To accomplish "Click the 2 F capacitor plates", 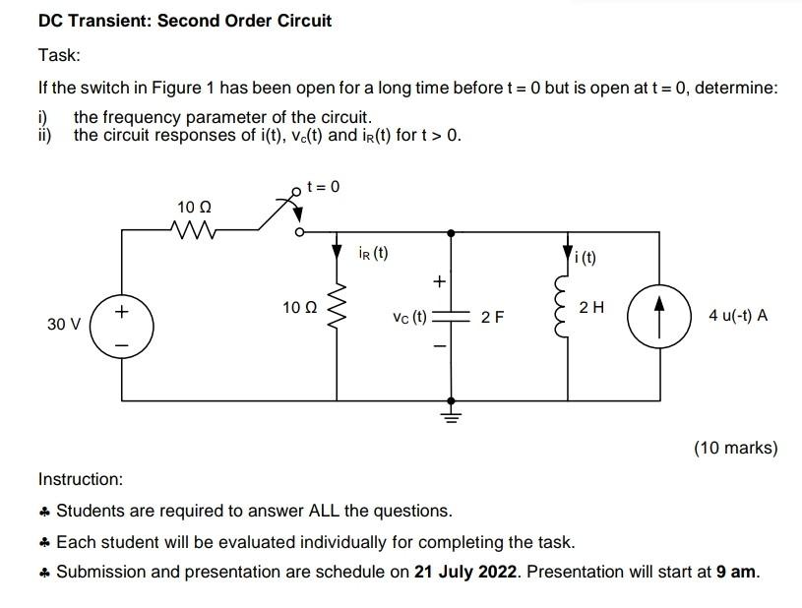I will [x=452, y=317].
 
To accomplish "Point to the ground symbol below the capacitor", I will [x=452, y=412].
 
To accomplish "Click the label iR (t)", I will [x=373, y=253].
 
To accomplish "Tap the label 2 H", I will [x=592, y=308].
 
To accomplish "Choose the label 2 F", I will [x=493, y=317].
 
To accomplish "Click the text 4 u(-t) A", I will [x=738, y=316].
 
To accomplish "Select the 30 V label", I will [x=64, y=323].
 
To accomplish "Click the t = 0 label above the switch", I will [x=324, y=186].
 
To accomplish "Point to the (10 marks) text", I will [x=735, y=448].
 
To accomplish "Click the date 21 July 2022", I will [x=466, y=572].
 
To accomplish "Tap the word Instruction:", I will [x=81, y=479].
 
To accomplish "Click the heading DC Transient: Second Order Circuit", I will [x=185, y=20].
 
